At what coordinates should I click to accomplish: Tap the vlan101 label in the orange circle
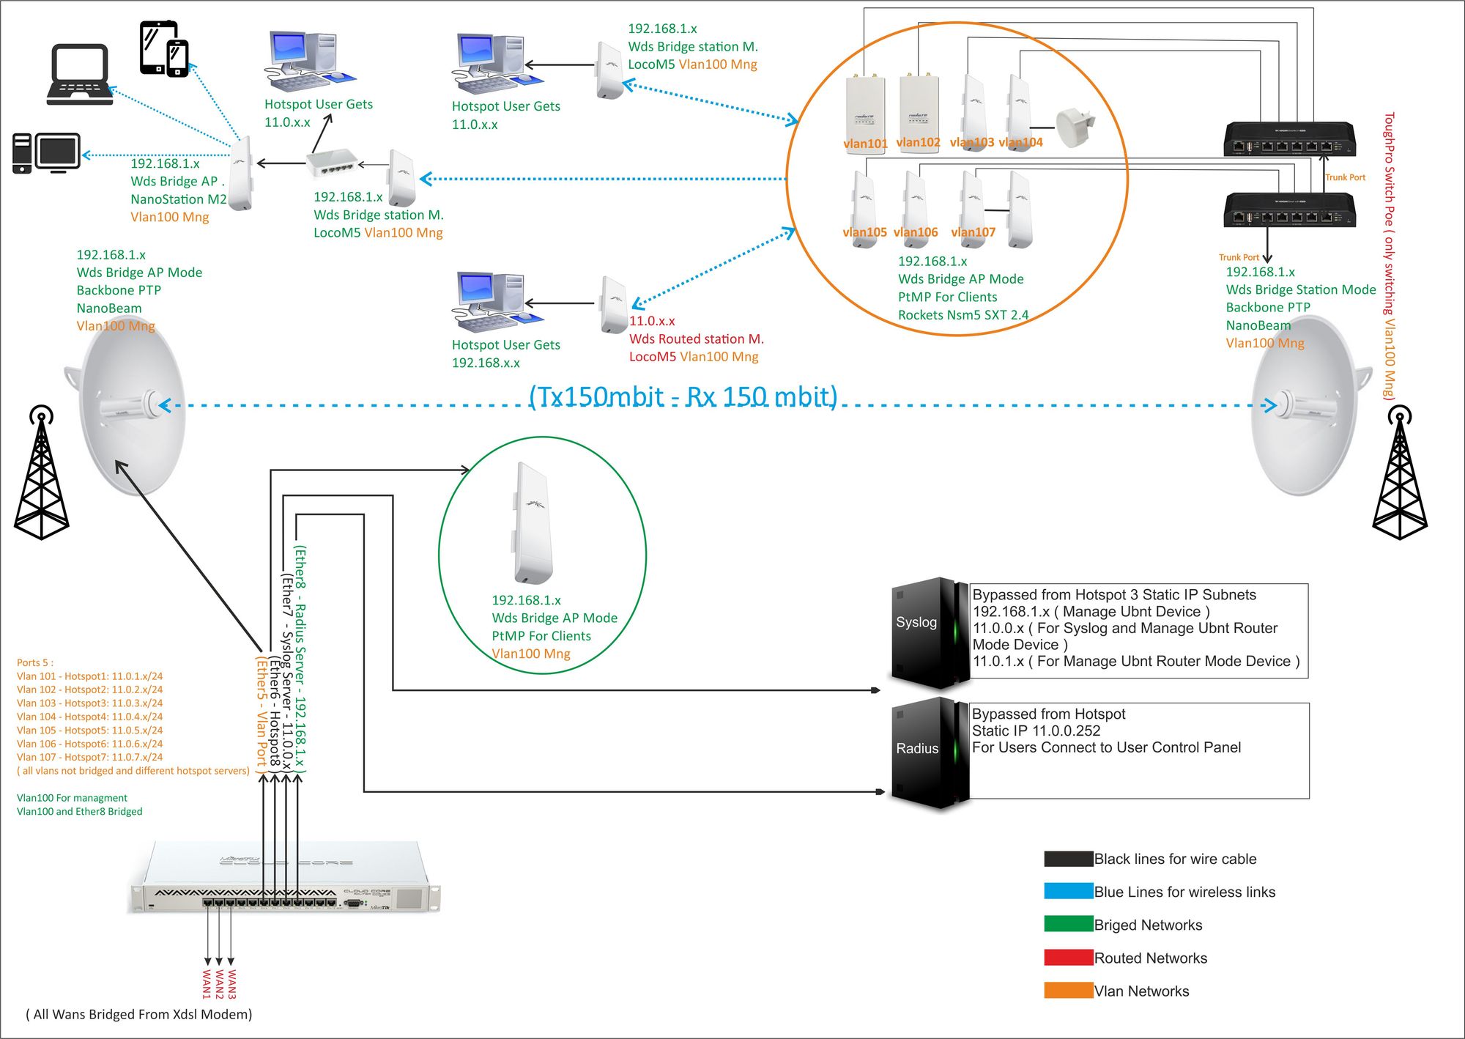(865, 144)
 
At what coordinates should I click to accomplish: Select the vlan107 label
(973, 232)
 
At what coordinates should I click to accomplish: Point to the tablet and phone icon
(164, 48)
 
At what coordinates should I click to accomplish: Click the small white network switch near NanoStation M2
(333, 163)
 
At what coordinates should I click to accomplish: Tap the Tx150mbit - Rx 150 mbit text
(683, 396)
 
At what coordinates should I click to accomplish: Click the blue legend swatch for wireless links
(1068, 891)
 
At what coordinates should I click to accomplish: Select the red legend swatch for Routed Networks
(1068, 957)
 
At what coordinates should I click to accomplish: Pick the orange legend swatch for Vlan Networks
(1068, 990)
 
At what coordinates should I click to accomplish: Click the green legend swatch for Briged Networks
(1068, 924)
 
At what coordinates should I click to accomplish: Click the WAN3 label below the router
(232, 984)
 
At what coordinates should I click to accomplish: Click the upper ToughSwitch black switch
(1289, 139)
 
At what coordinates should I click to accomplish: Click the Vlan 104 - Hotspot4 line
(89, 717)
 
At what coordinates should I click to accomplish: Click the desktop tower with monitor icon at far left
(46, 153)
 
